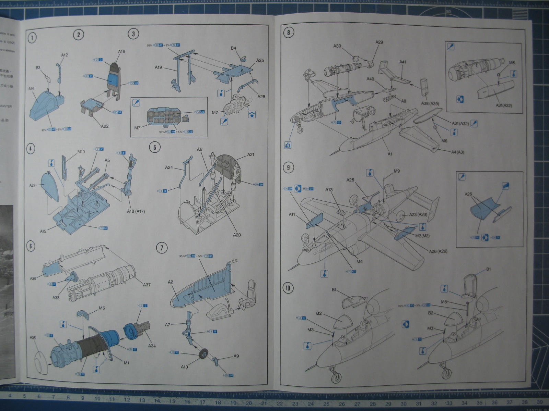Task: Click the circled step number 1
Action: (x=32, y=37)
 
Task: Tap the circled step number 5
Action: (x=155, y=147)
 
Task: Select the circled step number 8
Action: (x=288, y=33)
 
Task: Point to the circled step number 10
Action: (x=288, y=288)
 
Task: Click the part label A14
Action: (x=31, y=88)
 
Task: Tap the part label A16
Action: (x=121, y=51)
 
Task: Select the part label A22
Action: (x=105, y=126)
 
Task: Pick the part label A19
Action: (x=158, y=67)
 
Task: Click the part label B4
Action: (x=233, y=48)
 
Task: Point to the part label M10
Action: (x=81, y=152)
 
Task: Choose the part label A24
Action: (x=169, y=167)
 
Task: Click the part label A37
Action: (x=147, y=285)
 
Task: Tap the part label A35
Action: (x=33, y=338)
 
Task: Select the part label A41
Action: (x=403, y=62)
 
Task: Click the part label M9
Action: (x=397, y=171)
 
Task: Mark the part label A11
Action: (x=292, y=214)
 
